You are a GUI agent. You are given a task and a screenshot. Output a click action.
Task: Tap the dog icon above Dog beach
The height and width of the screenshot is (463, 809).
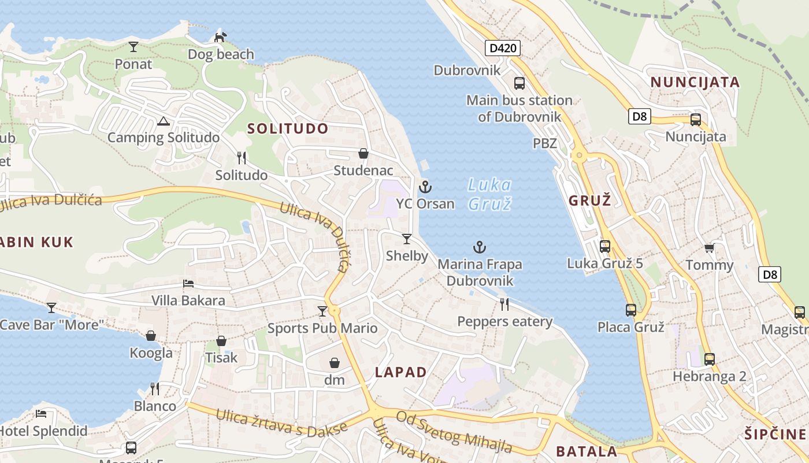point(220,38)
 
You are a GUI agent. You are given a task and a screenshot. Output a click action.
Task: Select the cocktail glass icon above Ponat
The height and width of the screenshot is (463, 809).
point(133,47)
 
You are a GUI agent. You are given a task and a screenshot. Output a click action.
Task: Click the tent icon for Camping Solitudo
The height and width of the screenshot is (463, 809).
point(163,121)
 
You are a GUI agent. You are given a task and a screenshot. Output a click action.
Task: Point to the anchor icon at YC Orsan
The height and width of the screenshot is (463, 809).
point(425,187)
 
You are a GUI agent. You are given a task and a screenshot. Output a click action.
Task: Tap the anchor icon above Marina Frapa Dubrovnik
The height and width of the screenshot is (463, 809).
point(480,248)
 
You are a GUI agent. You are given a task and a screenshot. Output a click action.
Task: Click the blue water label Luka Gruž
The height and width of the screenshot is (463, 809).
point(489,194)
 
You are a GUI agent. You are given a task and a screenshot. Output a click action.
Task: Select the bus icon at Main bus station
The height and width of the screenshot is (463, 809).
point(519,83)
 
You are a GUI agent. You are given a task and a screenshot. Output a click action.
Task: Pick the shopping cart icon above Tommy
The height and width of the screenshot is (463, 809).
point(709,248)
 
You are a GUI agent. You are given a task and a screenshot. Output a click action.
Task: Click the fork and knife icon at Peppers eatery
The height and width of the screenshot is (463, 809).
point(504,304)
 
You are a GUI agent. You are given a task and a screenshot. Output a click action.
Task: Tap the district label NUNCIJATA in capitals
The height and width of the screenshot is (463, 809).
point(695,82)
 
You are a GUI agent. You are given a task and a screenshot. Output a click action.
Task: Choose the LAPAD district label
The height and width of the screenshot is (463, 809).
point(401,372)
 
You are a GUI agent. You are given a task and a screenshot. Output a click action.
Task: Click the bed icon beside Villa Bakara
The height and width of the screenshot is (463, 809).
point(188,284)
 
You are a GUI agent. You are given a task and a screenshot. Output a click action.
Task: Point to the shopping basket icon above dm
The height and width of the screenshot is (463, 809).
point(334,363)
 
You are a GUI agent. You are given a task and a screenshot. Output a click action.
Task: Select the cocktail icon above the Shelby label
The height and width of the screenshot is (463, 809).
point(407,239)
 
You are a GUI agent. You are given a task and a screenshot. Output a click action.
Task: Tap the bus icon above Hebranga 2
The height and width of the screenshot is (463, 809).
point(710,359)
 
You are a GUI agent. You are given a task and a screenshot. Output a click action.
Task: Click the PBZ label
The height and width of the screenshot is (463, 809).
point(545,144)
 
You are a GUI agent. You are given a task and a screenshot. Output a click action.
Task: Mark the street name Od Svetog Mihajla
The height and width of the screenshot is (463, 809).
point(454,432)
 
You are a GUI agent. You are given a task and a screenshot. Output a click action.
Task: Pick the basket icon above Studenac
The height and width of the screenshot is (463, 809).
point(363,153)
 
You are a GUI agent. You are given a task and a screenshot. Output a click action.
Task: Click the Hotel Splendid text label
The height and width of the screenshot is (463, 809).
point(44,431)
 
